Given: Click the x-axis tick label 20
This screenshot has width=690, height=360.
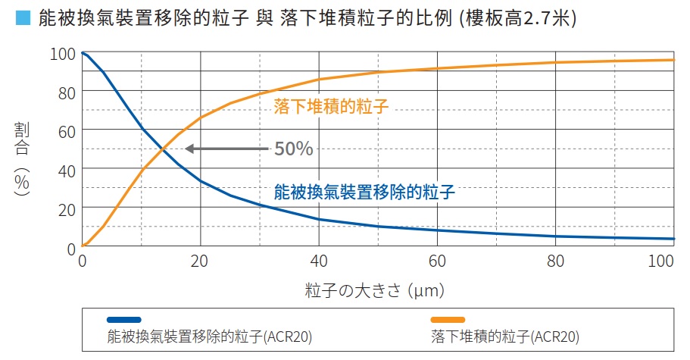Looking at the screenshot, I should [200, 262].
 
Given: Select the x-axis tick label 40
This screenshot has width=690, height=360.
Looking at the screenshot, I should [318, 262].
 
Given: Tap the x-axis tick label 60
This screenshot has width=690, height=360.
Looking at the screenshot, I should [436, 262].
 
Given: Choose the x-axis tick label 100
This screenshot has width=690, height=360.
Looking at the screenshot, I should [662, 262].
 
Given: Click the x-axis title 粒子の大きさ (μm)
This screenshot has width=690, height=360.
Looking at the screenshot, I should [374, 290].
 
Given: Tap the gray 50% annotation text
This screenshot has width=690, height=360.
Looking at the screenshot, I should [293, 149].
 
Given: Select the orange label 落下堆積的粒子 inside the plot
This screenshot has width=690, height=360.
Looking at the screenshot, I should [331, 106].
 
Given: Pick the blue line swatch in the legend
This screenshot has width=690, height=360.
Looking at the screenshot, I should [124, 319].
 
